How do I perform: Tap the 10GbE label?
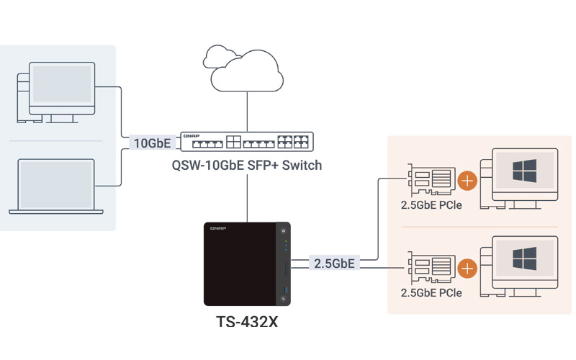[152, 143]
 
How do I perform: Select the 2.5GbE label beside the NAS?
[334, 264]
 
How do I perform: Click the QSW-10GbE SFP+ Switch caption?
[247, 166]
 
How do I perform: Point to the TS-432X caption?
[247, 322]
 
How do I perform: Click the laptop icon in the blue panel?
[56, 186]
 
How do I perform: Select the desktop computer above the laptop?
[56, 93]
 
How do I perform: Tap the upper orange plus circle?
[467, 181]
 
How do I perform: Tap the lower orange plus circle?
[467, 269]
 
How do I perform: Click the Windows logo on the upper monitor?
[525, 171]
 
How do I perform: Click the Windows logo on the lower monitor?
[525, 258]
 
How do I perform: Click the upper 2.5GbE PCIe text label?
[431, 205]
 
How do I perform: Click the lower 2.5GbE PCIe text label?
[431, 293]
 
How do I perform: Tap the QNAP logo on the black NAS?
[218, 228]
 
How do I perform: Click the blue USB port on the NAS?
[285, 290]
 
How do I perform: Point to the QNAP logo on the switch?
[192, 136]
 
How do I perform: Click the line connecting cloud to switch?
[247, 112]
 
